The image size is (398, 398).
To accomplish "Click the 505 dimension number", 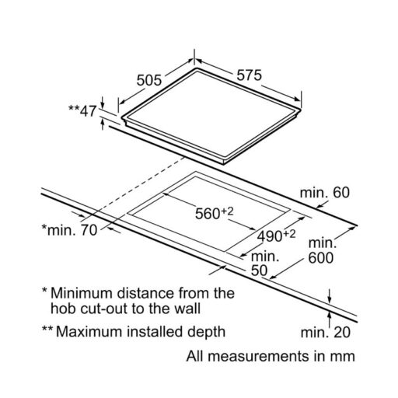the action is tap(149, 80).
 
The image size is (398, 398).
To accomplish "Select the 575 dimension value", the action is tap(250, 75).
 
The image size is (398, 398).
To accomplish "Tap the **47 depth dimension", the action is tap(82, 111).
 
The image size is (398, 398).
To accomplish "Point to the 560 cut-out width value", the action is tap(208, 214).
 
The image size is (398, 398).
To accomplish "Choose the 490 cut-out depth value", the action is tap(270, 236).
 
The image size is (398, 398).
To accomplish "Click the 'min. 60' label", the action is tap(325, 193).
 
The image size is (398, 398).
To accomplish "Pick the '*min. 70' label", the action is tap(69, 230).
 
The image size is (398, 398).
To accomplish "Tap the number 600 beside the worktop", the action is tap(320, 258).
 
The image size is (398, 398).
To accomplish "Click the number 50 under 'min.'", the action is tap(259, 271).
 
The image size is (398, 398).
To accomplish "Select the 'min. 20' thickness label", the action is tap(326, 333).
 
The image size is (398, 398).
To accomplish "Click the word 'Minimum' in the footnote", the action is tap(82, 293).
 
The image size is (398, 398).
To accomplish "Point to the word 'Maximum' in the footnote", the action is tap(89, 332).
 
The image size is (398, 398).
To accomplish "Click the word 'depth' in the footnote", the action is tap(206, 333).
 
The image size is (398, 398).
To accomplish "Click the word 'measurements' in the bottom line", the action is tap(260, 356).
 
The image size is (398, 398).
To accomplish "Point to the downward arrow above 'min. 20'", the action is tap(330, 296).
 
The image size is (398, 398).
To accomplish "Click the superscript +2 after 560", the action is tap(227, 211).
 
